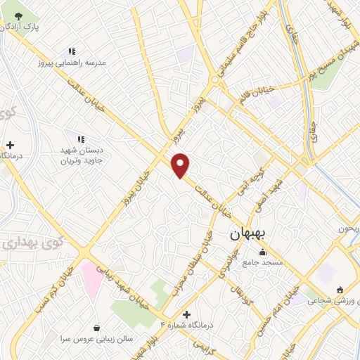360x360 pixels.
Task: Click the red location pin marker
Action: click(181, 165)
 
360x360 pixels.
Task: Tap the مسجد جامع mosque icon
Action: click(263, 252)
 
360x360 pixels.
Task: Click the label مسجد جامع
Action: click(262, 263)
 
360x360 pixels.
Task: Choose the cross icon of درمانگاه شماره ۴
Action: click(186, 314)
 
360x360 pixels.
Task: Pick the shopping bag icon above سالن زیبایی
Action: click(96, 328)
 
